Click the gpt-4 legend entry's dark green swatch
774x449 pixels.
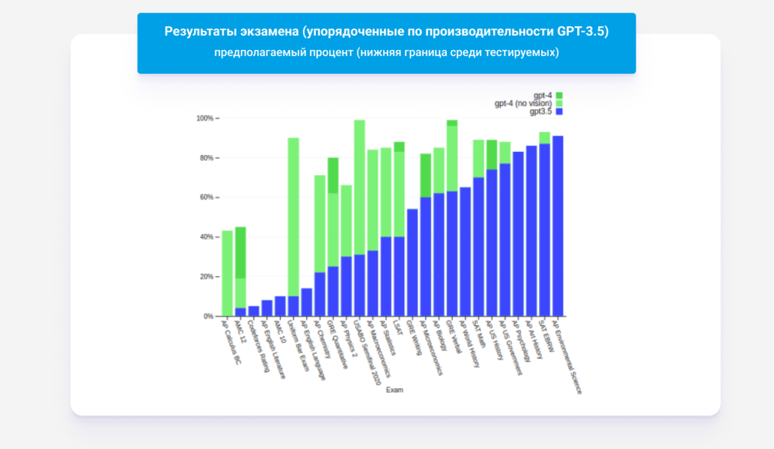click(559, 95)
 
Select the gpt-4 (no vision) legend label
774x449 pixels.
click(523, 103)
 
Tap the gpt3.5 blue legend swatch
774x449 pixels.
click(559, 112)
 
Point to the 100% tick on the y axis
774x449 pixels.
click(205, 118)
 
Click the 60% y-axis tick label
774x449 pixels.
click(206, 197)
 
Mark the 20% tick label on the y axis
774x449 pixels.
click(206, 277)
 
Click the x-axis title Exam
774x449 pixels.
click(394, 390)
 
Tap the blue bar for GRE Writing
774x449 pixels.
click(413, 262)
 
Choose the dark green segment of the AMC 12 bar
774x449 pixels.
click(240, 252)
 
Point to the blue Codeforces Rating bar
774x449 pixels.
click(253, 311)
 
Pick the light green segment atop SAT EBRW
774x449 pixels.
click(544, 137)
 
